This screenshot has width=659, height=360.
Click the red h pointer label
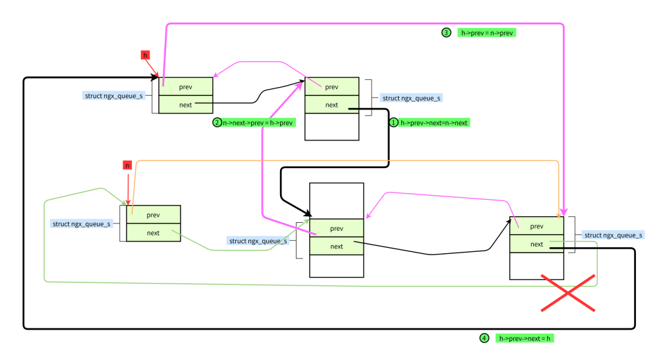pos(146,55)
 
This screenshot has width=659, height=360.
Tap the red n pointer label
pos(127,165)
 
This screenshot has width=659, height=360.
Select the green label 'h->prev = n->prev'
pos(488,33)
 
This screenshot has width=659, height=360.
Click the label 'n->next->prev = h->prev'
pos(258,123)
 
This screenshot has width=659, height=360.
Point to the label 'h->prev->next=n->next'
pos(434,123)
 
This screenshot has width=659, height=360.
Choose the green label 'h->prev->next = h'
pos(525,338)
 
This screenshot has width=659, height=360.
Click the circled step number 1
pos(394,123)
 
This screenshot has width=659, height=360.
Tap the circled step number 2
pos(217,123)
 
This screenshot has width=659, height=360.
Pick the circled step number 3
pos(446,33)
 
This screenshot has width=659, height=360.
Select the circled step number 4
pos(484,338)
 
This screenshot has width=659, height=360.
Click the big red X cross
pos(568,292)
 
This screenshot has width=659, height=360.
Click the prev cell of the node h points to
pos(186,87)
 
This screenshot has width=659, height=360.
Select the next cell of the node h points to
pos(186,105)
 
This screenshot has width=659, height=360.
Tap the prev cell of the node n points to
pos(154,215)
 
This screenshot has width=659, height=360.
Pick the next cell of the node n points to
pos(154,233)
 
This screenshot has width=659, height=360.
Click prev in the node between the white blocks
pos(337,228)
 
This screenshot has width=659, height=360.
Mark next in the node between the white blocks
pos(337,247)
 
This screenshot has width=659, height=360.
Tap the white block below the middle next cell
pos(337,266)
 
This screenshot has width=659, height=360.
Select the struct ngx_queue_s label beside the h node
pos(114,96)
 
